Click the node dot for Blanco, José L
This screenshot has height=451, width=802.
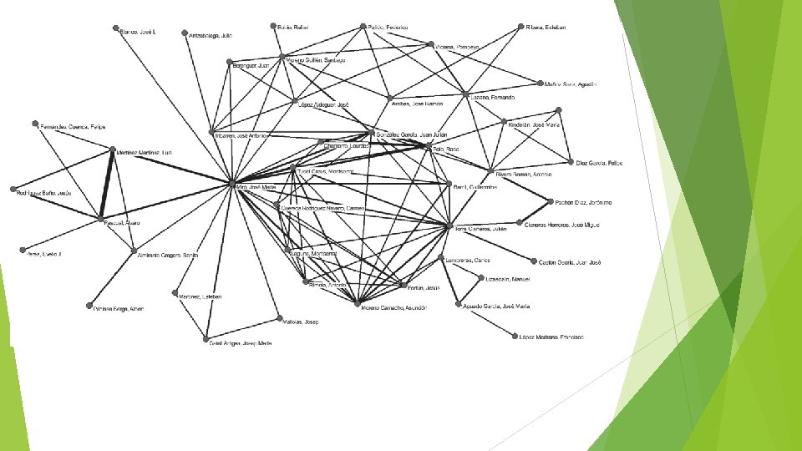[x=116, y=29]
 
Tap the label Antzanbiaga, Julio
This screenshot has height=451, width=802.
[x=210, y=36]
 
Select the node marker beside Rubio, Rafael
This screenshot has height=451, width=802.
[x=273, y=26]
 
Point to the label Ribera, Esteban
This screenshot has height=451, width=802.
[x=546, y=28]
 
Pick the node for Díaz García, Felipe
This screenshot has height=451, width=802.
[x=571, y=162]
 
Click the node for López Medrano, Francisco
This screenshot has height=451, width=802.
[x=515, y=336]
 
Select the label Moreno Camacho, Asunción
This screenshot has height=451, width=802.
[x=393, y=307]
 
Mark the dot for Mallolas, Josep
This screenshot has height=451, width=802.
[x=279, y=318]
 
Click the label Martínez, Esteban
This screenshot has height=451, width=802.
[x=200, y=295]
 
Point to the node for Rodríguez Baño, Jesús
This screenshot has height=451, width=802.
[x=13, y=190]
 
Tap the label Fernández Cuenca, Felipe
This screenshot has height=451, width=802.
[x=74, y=127]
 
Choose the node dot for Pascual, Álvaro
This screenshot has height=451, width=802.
[x=99, y=220]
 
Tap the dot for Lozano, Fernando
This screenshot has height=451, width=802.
[x=465, y=95]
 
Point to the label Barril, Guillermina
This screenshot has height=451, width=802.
[x=475, y=187]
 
